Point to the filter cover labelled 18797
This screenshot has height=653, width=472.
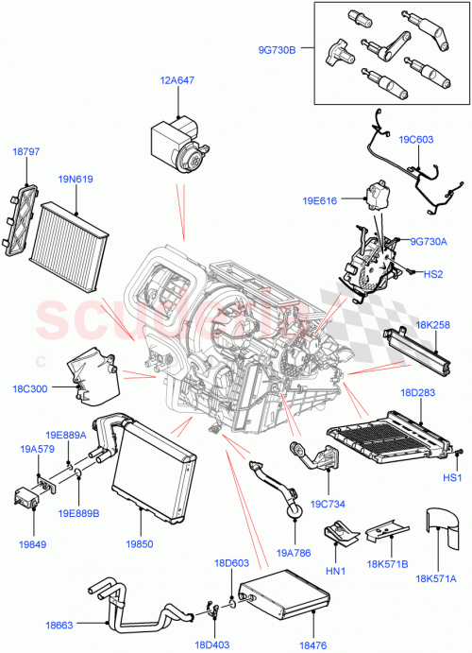[20, 219]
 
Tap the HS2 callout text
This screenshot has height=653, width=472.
[432, 274]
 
